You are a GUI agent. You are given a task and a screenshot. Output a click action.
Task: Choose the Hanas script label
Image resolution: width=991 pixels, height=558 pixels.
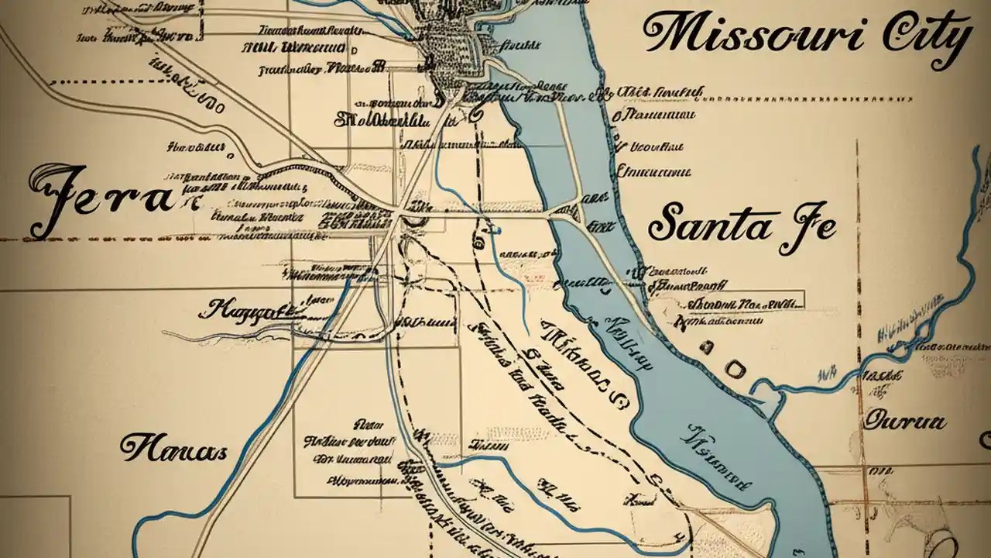172,447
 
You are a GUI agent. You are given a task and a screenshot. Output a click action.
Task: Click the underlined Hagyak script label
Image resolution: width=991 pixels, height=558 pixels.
246,312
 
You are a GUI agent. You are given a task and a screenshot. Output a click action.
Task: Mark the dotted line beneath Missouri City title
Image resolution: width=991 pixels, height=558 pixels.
813,99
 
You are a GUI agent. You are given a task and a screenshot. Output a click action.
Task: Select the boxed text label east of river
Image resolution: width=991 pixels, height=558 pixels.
728,300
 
